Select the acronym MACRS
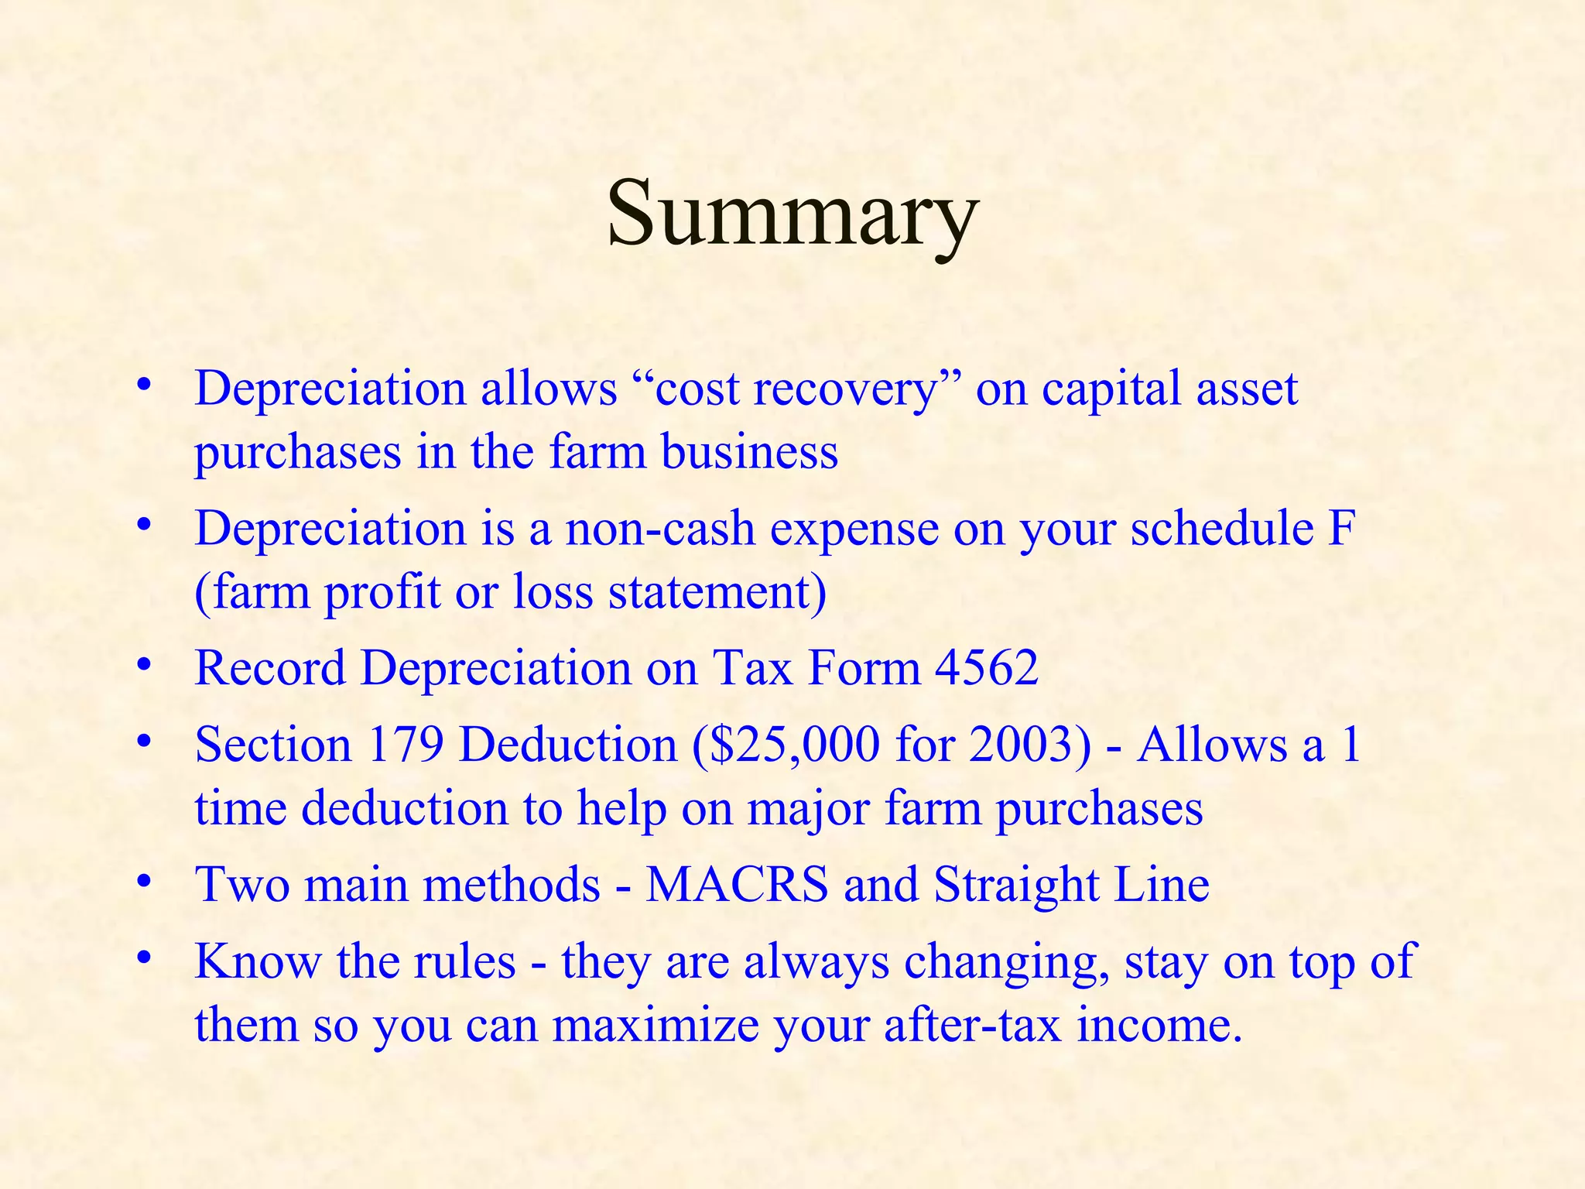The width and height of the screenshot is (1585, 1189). tap(737, 884)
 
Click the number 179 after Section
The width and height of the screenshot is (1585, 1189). tap(405, 745)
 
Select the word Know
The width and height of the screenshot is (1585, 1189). tap(257, 962)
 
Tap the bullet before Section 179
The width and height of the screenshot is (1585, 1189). tap(142, 741)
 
